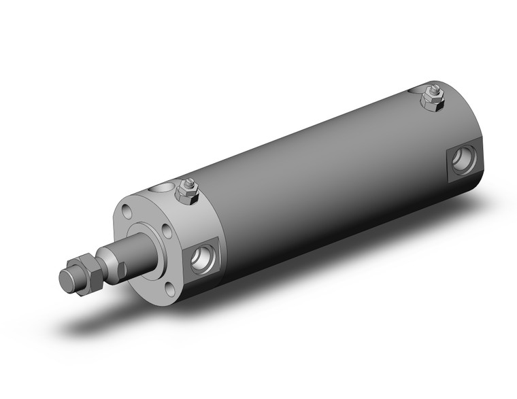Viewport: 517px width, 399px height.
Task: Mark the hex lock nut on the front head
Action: (x=188, y=193)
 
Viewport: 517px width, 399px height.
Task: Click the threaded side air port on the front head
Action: (x=203, y=258)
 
